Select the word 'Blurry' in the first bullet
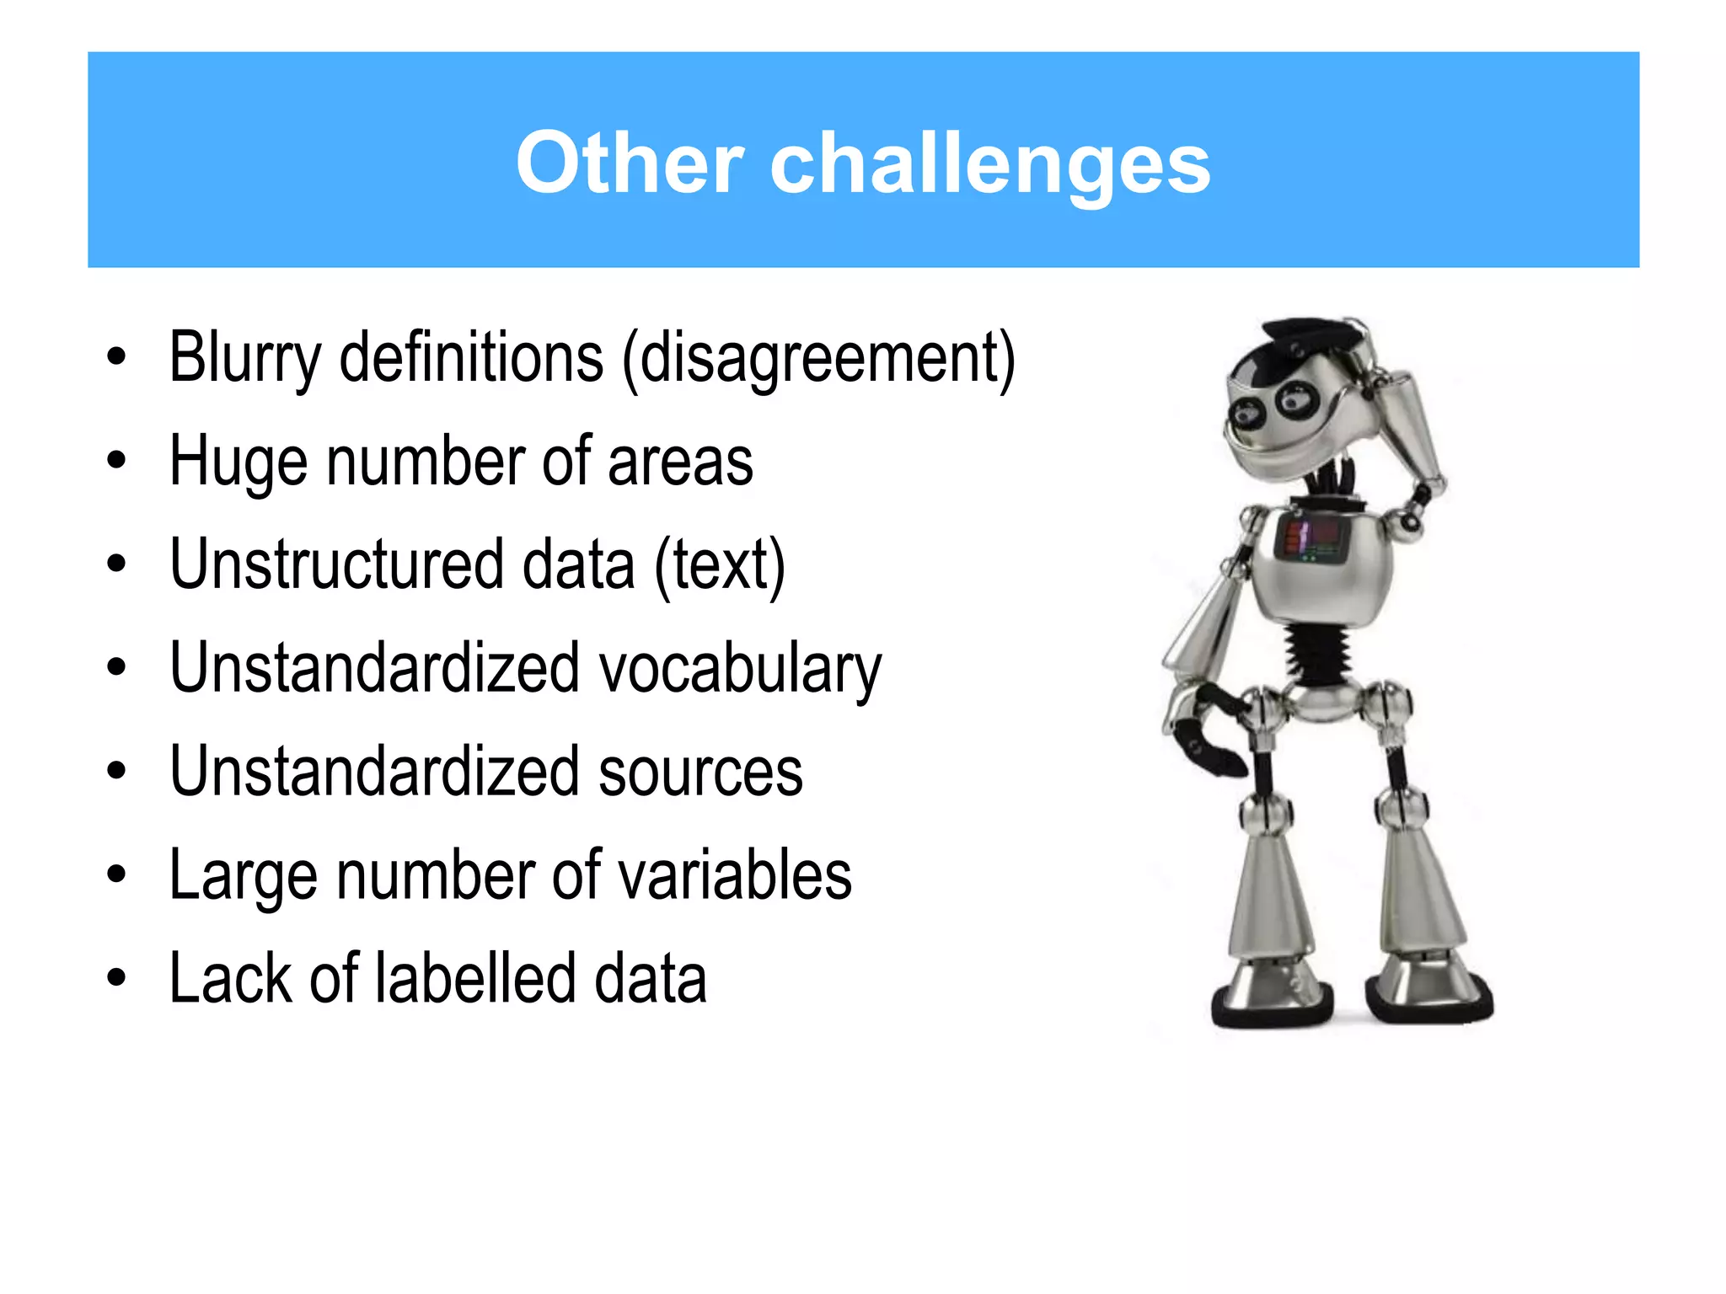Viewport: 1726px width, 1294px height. coord(245,358)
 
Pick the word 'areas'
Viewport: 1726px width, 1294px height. coord(680,462)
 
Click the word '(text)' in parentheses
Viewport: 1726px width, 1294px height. coord(721,565)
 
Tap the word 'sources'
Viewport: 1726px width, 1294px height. coord(700,772)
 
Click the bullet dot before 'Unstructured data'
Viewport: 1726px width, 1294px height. coord(116,564)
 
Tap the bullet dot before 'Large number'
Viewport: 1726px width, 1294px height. coord(116,875)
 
